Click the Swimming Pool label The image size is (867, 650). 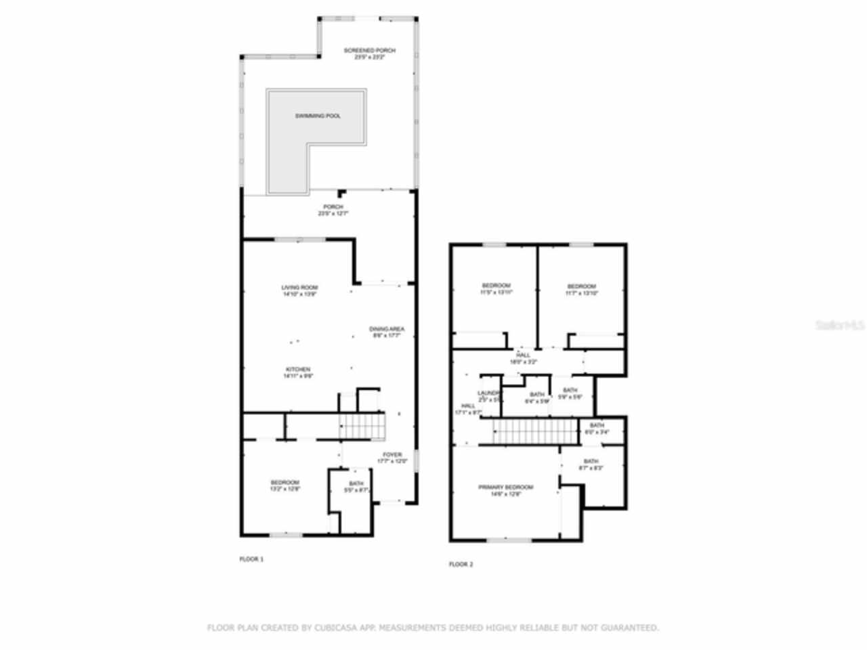(x=318, y=116)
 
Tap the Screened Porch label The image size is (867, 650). (x=369, y=51)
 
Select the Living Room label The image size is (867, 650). (x=299, y=287)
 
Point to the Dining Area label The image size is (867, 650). (x=387, y=329)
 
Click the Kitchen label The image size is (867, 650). (x=298, y=369)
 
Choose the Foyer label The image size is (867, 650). (x=392, y=454)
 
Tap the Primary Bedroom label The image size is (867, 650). (x=505, y=487)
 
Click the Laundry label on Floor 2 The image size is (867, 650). (x=489, y=393)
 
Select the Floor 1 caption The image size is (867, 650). (x=252, y=559)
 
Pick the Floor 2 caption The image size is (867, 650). (x=461, y=564)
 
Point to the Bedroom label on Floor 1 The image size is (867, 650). (x=284, y=482)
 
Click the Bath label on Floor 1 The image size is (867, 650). (x=356, y=483)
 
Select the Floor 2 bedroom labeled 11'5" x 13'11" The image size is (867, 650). (x=496, y=285)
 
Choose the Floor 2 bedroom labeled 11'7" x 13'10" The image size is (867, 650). (x=582, y=286)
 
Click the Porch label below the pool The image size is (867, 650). (x=333, y=207)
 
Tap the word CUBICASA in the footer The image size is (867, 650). (x=333, y=628)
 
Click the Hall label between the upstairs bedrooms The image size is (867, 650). (x=523, y=355)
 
